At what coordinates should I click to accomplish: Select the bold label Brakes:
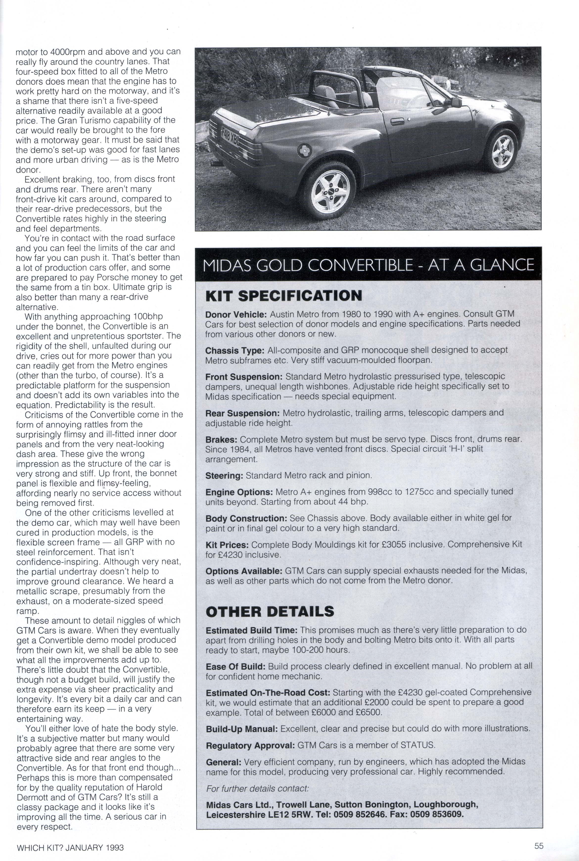tap(221, 439)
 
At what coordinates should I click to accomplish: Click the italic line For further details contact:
tap(257, 788)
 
